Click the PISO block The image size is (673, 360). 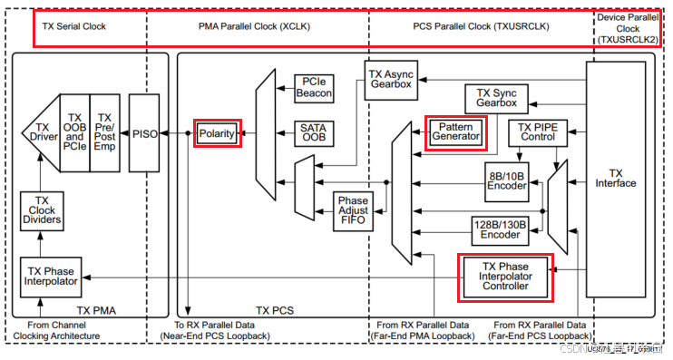pyautogui.click(x=143, y=133)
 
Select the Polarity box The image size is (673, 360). pyautogui.click(x=217, y=133)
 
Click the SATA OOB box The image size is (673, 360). pyautogui.click(x=315, y=134)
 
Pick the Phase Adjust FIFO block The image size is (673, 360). pyautogui.click(x=352, y=211)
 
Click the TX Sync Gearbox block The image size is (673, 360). pyautogui.click(x=496, y=98)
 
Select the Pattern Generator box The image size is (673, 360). pyautogui.click(x=455, y=133)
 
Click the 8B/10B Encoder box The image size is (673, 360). pyautogui.click(x=506, y=180)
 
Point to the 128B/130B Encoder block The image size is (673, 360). pyautogui.click(x=500, y=229)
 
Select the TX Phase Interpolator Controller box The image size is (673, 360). pyautogui.click(x=504, y=276)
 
